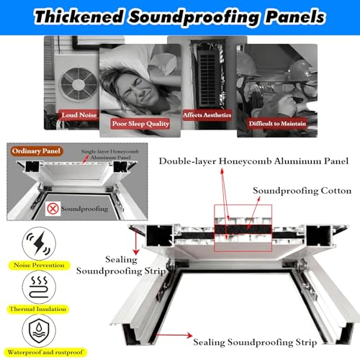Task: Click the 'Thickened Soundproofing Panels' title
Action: (x=180, y=17)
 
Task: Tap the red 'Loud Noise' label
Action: (x=79, y=115)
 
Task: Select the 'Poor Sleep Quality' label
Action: (x=140, y=124)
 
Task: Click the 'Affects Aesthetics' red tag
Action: (x=207, y=115)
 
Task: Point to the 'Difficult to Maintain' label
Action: (x=277, y=124)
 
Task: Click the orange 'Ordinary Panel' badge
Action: (x=36, y=151)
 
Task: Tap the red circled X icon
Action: (x=53, y=208)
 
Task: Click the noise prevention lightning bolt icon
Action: (x=39, y=243)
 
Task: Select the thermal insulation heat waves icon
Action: (x=39, y=287)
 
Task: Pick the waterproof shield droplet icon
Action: (x=39, y=330)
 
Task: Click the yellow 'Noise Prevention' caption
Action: (x=39, y=265)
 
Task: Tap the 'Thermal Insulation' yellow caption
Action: (x=38, y=309)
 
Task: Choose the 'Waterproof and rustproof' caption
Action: (x=45, y=352)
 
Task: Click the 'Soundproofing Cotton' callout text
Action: (x=302, y=191)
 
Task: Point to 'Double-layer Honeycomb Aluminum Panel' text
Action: (x=253, y=161)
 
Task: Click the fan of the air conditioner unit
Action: (x=78, y=84)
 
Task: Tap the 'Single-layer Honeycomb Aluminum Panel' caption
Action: (x=110, y=154)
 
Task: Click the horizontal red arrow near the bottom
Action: (x=174, y=335)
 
